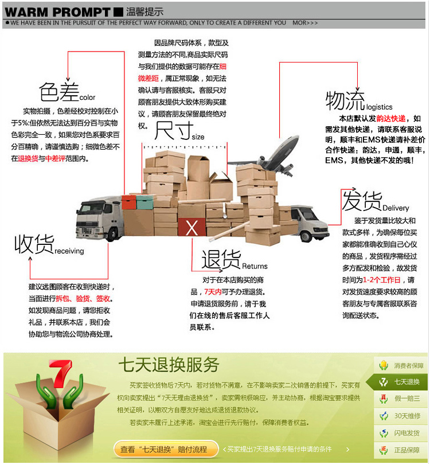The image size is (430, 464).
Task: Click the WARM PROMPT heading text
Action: (57, 11)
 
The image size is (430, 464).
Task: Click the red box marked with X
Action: (191, 228)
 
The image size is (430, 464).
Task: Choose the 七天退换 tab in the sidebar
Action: (401, 382)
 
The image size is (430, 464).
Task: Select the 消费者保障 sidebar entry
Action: (401, 365)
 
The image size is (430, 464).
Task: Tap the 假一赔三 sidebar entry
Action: (401, 399)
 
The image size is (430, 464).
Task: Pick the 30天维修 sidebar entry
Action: (401, 416)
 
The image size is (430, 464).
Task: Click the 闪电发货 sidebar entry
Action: (401, 433)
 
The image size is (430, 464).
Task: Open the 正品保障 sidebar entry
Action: (401, 450)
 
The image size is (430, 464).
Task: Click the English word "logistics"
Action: (379, 107)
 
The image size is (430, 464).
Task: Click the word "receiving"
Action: (69, 251)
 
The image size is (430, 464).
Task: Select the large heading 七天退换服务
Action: (169, 365)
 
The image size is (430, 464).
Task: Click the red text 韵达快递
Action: (391, 118)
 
